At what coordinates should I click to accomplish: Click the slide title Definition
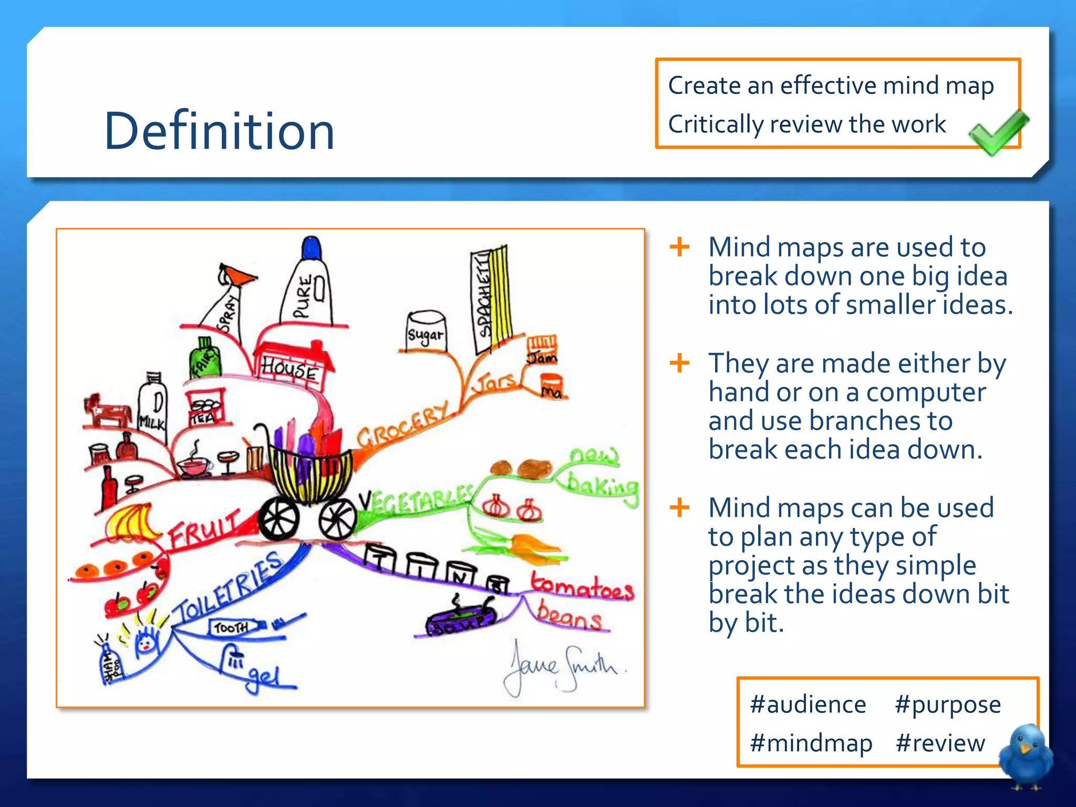pyautogui.click(x=219, y=131)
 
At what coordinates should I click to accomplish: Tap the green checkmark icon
pyautogui.click(x=997, y=132)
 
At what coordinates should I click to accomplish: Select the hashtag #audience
pyautogui.click(x=808, y=705)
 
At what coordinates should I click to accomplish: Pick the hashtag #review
pyautogui.click(x=940, y=743)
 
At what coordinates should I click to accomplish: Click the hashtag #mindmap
pyautogui.click(x=811, y=743)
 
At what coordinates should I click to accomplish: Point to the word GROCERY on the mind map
pyautogui.click(x=403, y=424)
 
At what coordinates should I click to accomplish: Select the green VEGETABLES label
pyautogui.click(x=418, y=500)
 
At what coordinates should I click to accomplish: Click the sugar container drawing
pyautogui.click(x=426, y=331)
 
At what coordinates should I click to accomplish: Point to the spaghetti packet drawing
pyautogui.click(x=490, y=299)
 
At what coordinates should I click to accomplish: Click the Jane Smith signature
pyautogui.click(x=562, y=667)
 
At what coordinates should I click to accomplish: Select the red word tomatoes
pyautogui.click(x=582, y=587)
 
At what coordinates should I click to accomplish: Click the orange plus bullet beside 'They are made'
pyautogui.click(x=679, y=363)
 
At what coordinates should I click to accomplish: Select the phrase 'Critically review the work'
pyautogui.click(x=806, y=125)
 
